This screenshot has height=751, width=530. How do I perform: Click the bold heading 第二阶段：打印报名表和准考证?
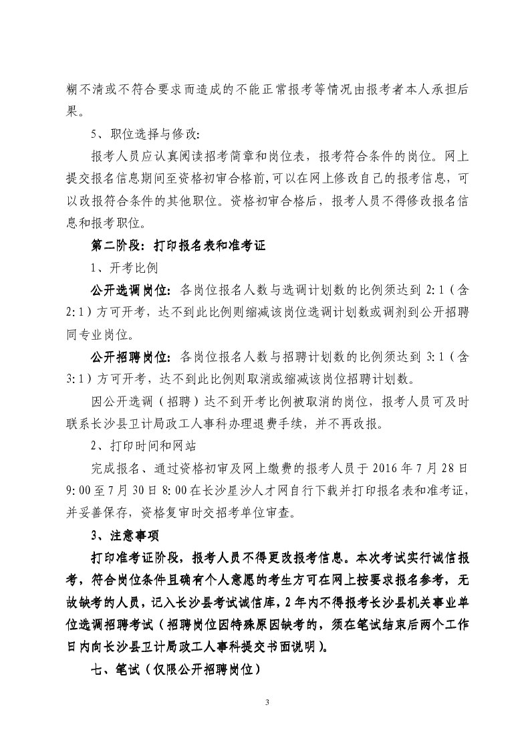178,245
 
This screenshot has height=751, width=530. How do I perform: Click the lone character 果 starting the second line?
75,110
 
